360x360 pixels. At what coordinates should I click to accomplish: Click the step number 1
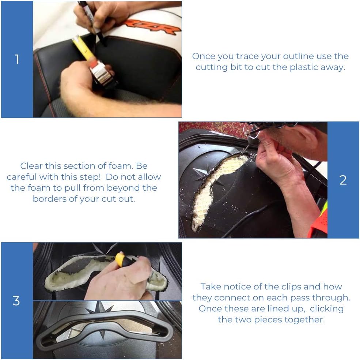pos(17,59)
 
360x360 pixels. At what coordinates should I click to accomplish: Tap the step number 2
pos(343,180)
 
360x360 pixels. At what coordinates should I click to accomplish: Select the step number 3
pos(16,301)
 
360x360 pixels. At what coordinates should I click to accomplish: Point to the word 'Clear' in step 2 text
pos(31,166)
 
